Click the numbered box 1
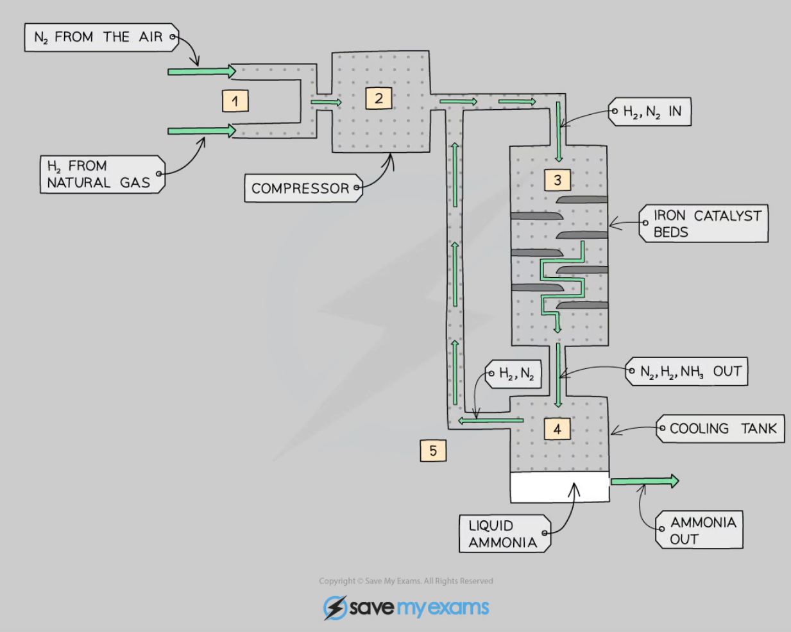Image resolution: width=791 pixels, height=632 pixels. point(235,101)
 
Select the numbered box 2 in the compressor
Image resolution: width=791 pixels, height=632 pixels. point(378,98)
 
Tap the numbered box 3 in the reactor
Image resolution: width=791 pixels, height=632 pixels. point(557,180)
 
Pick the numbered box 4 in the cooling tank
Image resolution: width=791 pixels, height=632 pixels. point(557,429)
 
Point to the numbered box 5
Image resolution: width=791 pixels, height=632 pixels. point(433,450)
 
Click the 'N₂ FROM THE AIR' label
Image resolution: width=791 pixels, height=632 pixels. point(100,37)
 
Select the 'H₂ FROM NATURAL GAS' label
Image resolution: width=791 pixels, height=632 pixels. point(100,174)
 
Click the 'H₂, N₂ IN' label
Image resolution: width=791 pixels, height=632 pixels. point(651,112)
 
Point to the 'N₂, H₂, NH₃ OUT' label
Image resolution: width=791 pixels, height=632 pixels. point(688,372)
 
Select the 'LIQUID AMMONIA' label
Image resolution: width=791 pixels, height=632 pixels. point(504,533)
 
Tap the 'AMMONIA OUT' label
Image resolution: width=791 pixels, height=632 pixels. point(701,530)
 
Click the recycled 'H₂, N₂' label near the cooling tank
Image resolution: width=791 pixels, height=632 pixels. point(515,373)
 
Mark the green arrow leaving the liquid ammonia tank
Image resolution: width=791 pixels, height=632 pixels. point(644,481)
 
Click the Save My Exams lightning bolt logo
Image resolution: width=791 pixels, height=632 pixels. point(335,608)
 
